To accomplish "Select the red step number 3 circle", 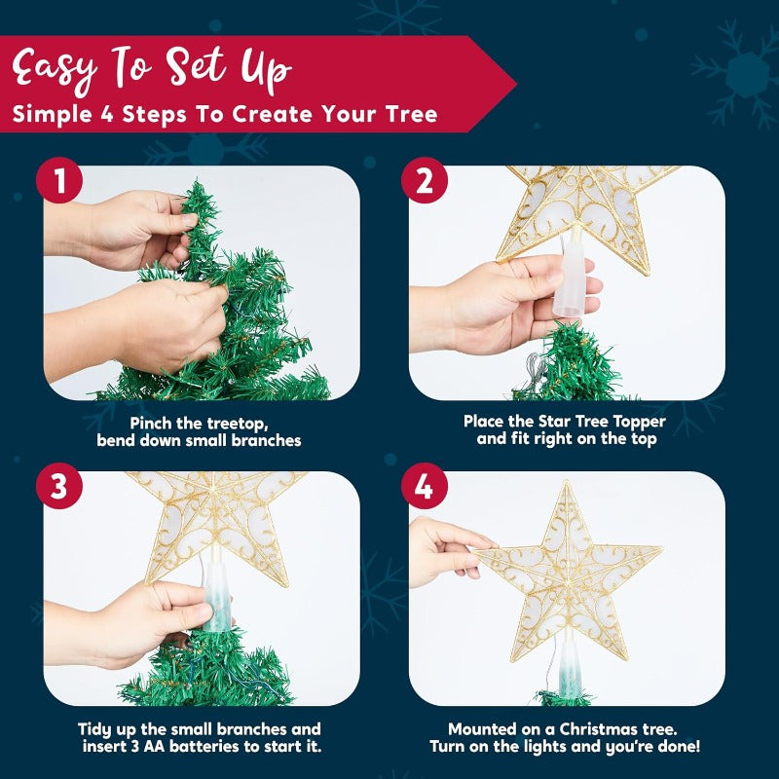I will [x=59, y=488].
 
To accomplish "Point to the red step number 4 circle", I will [x=424, y=488].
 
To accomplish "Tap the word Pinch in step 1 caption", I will [x=153, y=423].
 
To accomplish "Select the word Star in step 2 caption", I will [x=561, y=422].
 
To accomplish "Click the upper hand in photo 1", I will [x=136, y=229].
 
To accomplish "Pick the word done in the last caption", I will [x=675, y=747].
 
